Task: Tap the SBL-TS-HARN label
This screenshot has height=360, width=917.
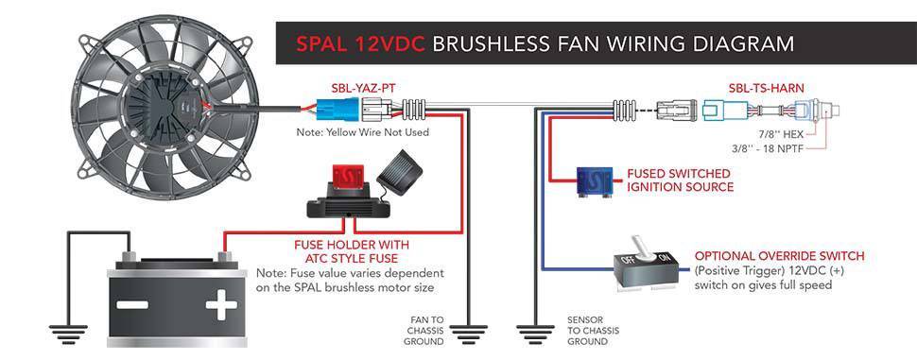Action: click(x=766, y=89)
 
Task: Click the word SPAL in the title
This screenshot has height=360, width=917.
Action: click(x=320, y=44)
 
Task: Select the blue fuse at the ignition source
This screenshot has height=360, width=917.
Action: click(x=595, y=180)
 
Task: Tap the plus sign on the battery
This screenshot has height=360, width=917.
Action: click(x=221, y=304)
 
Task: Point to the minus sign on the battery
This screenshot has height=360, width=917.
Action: click(x=132, y=304)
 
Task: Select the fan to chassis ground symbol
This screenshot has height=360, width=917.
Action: click(x=468, y=332)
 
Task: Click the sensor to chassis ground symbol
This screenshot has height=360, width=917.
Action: click(x=536, y=332)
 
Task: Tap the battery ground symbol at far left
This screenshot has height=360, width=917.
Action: click(x=68, y=332)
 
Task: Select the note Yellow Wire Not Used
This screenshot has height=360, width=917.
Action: click(x=363, y=132)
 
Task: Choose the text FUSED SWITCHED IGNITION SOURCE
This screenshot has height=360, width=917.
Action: click(x=680, y=180)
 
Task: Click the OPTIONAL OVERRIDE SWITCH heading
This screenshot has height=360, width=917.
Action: click(x=779, y=256)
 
